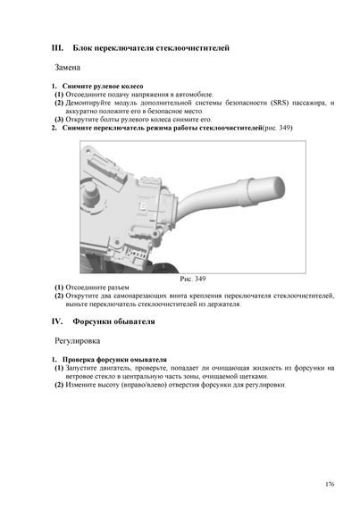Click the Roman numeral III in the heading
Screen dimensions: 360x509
57,48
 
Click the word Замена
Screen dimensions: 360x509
67,68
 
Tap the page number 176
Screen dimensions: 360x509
330,484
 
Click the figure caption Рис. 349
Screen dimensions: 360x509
193,279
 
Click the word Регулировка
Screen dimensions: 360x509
77,341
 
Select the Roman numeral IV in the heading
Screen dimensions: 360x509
57,321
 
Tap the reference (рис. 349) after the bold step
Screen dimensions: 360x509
277,128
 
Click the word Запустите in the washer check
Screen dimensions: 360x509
80,368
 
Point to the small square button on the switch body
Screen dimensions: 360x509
143,205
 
